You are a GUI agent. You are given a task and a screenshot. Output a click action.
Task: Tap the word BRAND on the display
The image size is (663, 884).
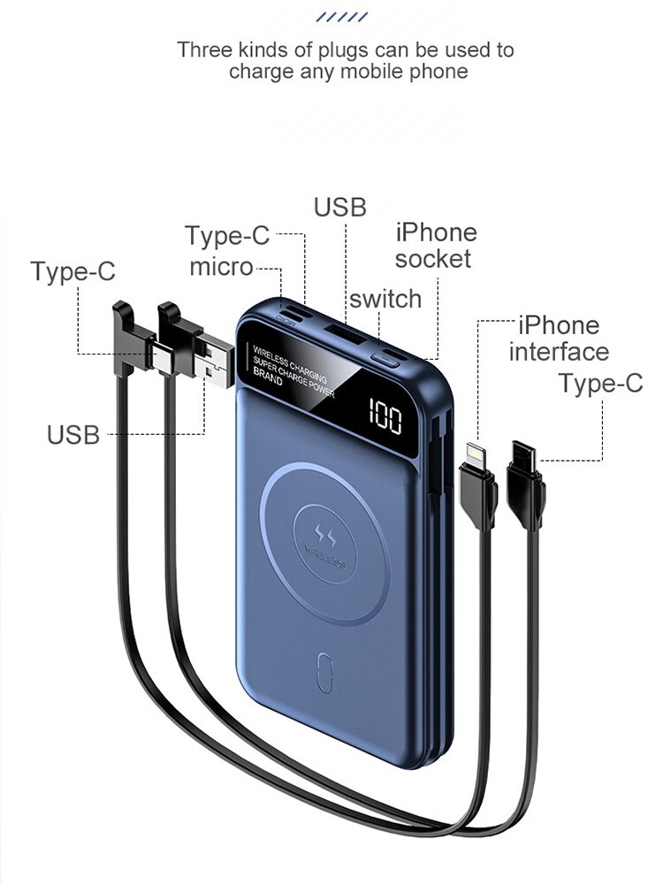click(268, 380)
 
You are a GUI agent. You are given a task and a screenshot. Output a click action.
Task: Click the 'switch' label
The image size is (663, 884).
click(385, 299)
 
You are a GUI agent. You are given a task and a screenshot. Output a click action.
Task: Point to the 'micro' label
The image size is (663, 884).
click(221, 267)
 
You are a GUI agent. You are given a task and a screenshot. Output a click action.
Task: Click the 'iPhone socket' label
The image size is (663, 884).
click(435, 246)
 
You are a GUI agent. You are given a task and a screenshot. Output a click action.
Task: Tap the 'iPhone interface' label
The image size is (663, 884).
click(559, 338)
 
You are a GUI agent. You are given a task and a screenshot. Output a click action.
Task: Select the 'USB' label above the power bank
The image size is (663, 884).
click(339, 207)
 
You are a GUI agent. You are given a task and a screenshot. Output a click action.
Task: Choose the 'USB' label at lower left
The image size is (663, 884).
click(73, 435)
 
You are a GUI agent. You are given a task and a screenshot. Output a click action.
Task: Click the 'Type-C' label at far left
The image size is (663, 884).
click(72, 271)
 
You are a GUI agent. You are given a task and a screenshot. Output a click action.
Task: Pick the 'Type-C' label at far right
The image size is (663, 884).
click(600, 384)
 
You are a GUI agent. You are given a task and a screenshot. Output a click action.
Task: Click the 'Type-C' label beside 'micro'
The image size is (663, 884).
click(227, 236)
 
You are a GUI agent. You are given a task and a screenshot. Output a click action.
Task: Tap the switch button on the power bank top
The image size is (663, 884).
click(389, 356)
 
